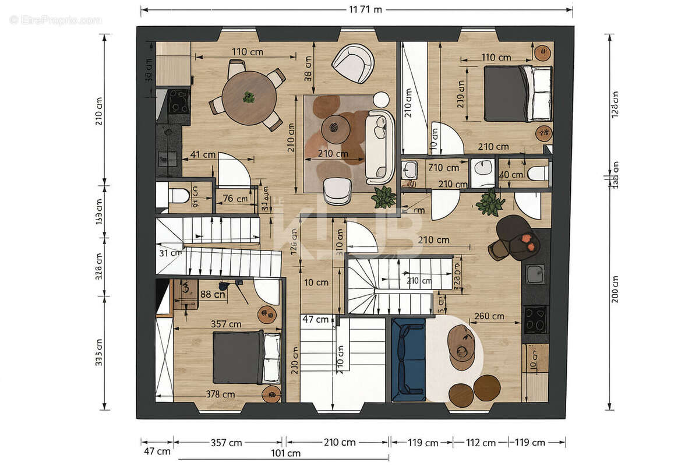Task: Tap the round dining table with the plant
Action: (249, 97)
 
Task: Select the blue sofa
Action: (408, 359)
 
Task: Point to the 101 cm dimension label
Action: (286, 453)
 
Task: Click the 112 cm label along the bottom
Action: (481, 443)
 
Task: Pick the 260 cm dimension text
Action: (489, 316)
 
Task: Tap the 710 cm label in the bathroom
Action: (443, 168)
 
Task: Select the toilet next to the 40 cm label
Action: (539, 173)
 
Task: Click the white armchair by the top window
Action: (353, 63)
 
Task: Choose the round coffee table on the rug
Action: (336, 128)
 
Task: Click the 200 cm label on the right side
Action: (616, 289)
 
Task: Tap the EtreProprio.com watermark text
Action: (56, 20)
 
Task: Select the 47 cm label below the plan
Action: (157, 451)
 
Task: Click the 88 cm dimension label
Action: (213, 294)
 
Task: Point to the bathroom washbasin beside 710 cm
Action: (410, 170)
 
